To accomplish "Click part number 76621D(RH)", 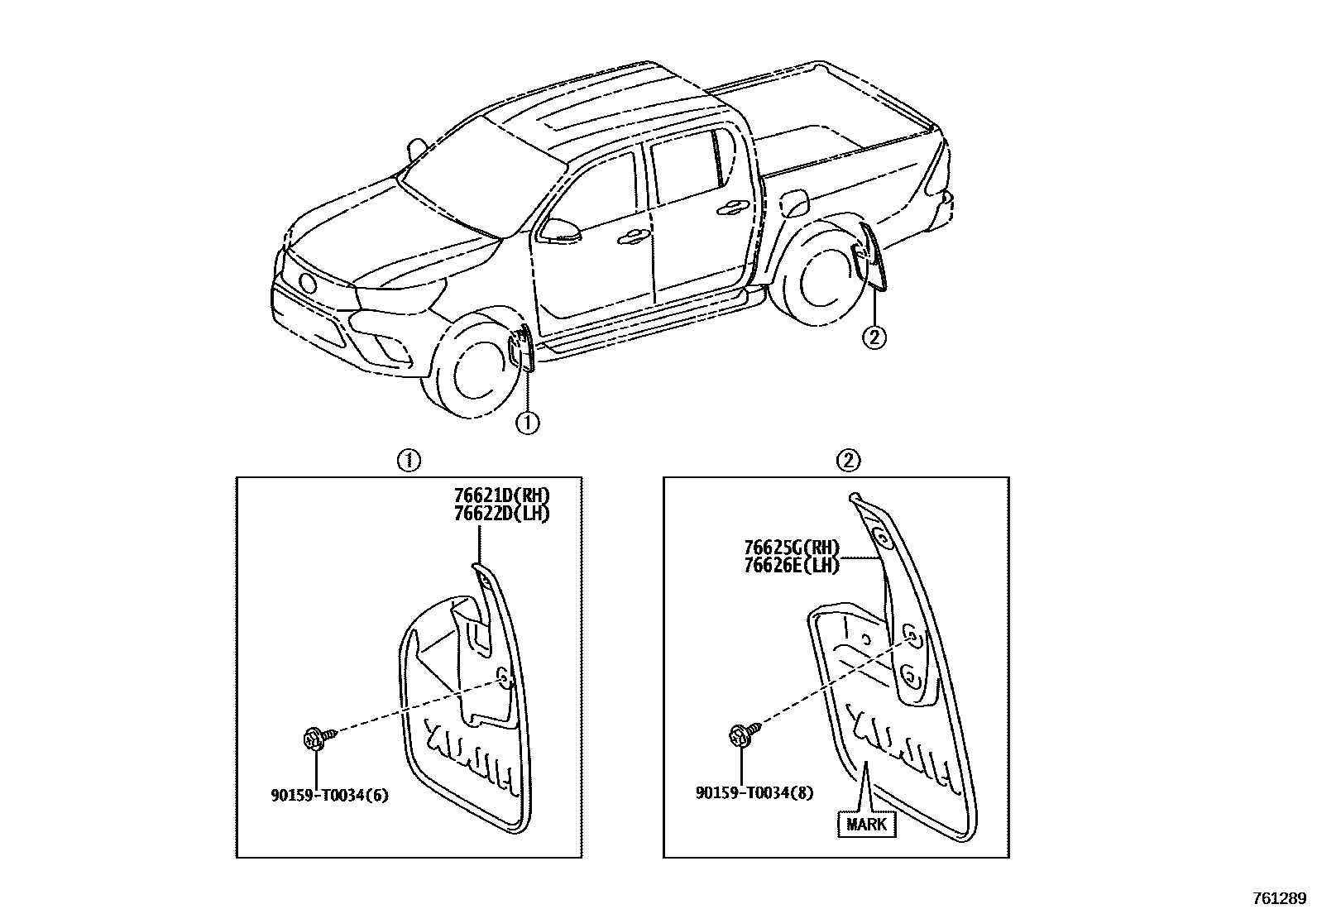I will pyautogui.click(x=501, y=495).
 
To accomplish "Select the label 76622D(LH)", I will pyautogui.click(x=501, y=513).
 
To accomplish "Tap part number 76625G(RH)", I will pyautogui.click(x=791, y=548).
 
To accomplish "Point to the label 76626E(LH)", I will pyautogui.click(x=791, y=566).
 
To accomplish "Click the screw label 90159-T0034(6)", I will pyautogui.click(x=329, y=796).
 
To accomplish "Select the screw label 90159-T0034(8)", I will pyautogui.click(x=754, y=792).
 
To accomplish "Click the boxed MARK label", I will pyautogui.click(x=866, y=824).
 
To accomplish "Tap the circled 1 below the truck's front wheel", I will pyautogui.click(x=527, y=423).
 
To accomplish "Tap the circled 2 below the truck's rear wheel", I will pyautogui.click(x=874, y=337).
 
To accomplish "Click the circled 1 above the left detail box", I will pyautogui.click(x=409, y=461).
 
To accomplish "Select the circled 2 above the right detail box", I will pyautogui.click(x=849, y=461).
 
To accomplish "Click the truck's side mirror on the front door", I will pyautogui.click(x=558, y=228).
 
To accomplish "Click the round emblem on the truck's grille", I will pyautogui.click(x=308, y=283).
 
